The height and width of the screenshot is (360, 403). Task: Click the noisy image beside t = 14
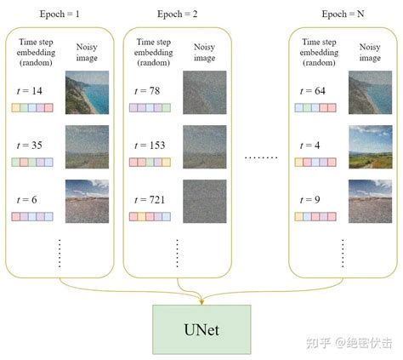(x=88, y=94)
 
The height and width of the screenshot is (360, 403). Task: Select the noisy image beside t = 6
(x=88, y=200)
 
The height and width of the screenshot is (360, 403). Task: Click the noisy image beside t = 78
(x=204, y=94)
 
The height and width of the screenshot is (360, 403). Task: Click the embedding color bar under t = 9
(x=314, y=216)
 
